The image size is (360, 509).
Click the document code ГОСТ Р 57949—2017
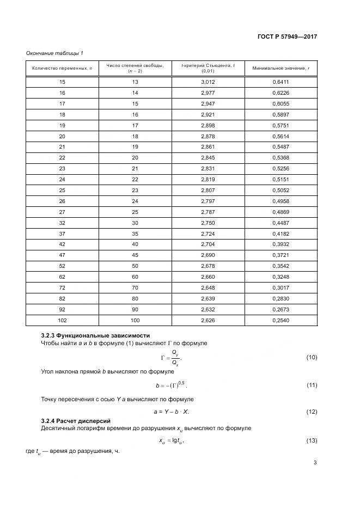[x=287, y=37]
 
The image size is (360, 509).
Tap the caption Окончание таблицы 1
[x=54, y=53]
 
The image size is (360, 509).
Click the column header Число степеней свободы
[x=135, y=65]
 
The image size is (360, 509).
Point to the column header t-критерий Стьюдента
[x=208, y=65]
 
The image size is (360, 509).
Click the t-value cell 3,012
[x=208, y=82]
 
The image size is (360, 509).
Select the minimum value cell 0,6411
[x=280, y=82]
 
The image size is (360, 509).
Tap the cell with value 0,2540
[x=280, y=320]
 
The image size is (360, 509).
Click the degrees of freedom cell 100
[x=135, y=320]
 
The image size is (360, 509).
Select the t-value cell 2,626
[x=208, y=320]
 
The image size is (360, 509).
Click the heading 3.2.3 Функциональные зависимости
[x=95, y=335]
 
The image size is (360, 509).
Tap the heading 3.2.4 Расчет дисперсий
[x=76, y=421]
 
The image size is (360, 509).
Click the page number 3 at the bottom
[x=315, y=463]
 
